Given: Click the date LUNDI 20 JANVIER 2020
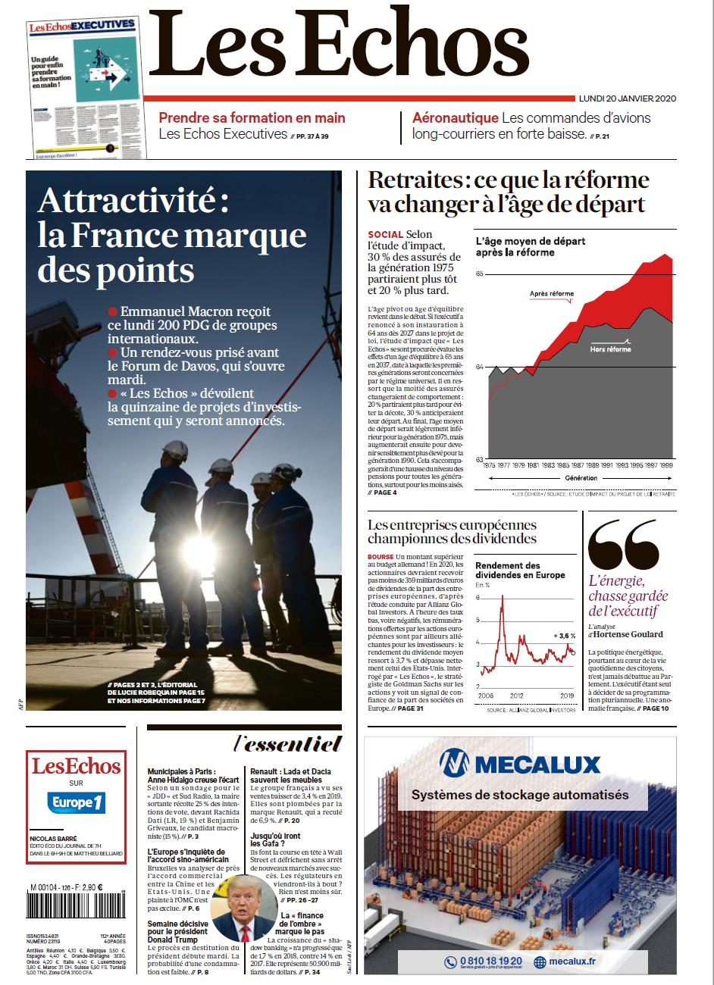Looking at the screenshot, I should tap(627, 98).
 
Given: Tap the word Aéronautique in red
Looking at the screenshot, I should tap(455, 118).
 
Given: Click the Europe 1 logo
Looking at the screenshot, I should tap(77, 802).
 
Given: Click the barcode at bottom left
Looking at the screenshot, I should tap(65, 906).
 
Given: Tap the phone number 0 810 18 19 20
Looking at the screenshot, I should tap(490, 961).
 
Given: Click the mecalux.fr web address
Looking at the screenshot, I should tap(572, 962).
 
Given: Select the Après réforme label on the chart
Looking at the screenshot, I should tap(552, 294).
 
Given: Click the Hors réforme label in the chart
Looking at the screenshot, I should tap(610, 349).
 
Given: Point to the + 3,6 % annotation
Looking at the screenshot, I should tap(565, 636).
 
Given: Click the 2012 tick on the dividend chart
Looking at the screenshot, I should tap(516, 696).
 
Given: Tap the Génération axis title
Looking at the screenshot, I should tap(581, 478).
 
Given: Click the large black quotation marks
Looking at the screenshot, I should tap(623, 544).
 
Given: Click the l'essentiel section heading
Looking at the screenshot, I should tap(288, 744).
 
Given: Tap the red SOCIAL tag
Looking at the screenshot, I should tap(385, 235).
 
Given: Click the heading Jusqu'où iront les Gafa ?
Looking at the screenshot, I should tap(275, 840).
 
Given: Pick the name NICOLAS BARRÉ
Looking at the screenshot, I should tap(53, 839).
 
